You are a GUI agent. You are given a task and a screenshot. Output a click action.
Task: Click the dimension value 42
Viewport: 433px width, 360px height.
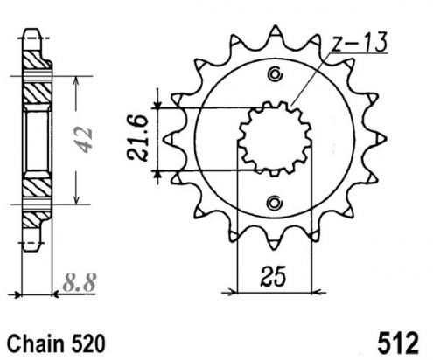tap(84, 139)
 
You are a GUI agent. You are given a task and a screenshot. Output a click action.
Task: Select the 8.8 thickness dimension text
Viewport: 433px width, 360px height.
tap(80, 282)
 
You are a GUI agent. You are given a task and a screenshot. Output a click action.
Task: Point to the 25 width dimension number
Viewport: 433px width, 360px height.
tap(273, 276)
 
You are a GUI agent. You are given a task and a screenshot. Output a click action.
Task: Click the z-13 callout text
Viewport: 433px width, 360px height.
tap(360, 41)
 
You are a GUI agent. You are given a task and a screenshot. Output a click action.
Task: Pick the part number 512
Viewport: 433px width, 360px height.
tap(398, 343)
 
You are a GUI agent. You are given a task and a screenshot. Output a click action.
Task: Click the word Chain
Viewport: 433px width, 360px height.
tap(35, 343)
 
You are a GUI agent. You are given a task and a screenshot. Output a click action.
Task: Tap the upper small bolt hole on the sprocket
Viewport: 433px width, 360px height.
tap(275, 74)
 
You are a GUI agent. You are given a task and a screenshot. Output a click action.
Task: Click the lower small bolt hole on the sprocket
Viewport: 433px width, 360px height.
tap(275, 203)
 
